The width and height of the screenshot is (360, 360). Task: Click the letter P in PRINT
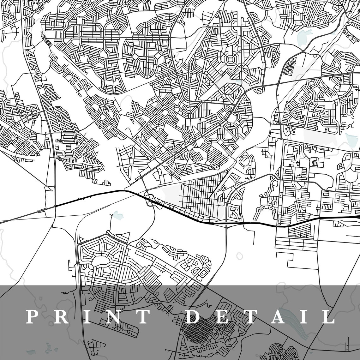click(33, 317)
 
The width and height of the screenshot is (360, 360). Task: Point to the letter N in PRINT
click(111, 317)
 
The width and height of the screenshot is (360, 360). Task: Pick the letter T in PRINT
click(141, 317)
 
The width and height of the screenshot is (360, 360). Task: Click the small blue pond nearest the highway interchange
click(118, 216)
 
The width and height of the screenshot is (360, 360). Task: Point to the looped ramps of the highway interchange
click(150, 200)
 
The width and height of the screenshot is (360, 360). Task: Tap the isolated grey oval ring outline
click(239, 256)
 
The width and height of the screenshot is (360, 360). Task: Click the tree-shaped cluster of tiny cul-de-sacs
click(290, 130)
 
